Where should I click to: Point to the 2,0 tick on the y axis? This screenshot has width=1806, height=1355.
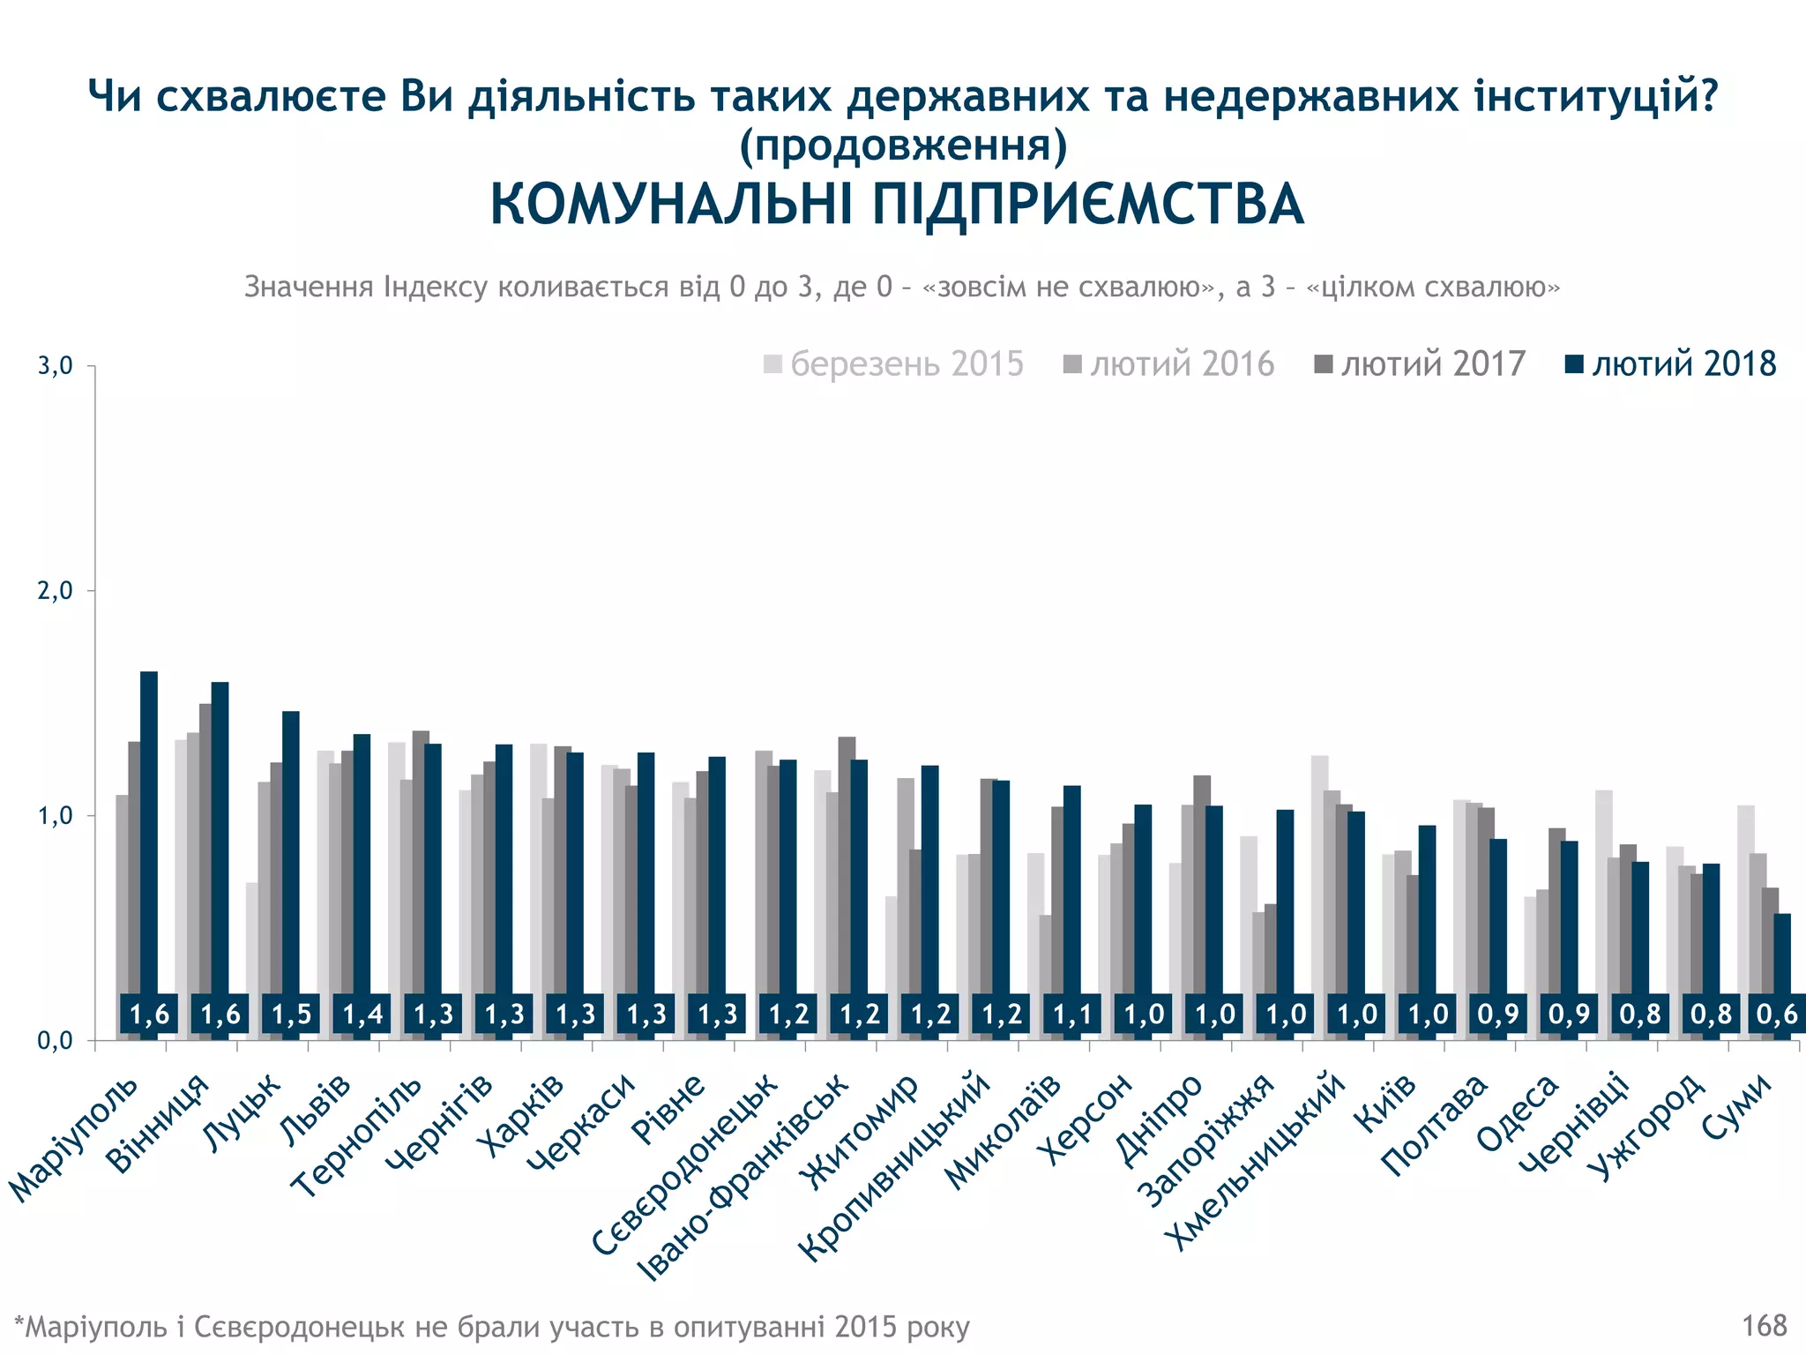point(56,591)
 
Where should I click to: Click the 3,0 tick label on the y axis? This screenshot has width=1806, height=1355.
point(56,366)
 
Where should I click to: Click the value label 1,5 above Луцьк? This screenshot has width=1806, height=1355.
point(291,1014)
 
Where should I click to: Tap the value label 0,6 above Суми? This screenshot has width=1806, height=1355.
point(1777,1014)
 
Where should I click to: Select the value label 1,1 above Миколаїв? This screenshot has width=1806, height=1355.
point(1072,1014)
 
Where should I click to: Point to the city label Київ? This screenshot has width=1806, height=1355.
point(1385,1104)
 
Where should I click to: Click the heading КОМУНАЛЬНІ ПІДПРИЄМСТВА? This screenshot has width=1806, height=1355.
point(896,205)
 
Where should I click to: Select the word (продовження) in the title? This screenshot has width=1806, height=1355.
point(903,146)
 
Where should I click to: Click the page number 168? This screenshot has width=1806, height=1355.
point(1764,1325)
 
